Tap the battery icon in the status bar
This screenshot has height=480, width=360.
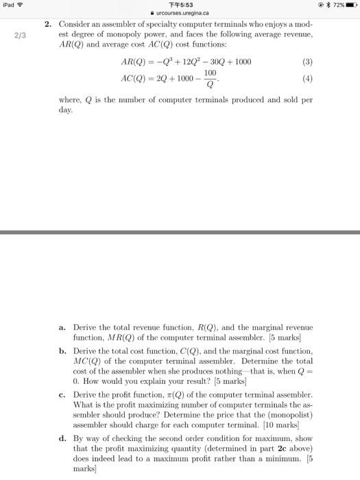pyautogui.click(x=350, y=5)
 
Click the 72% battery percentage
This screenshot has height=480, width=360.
pyautogui.click(x=335, y=5)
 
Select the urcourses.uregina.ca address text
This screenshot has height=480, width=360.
pyautogui.click(x=182, y=14)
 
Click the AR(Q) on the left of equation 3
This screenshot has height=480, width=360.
pyautogui.click(x=134, y=62)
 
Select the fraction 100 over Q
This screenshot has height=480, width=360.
pyautogui.click(x=210, y=77)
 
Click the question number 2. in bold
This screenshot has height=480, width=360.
pyautogui.click(x=47, y=25)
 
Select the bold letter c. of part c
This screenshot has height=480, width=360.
pyautogui.click(x=61, y=395)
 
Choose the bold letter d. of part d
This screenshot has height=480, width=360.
pyautogui.click(x=61, y=437)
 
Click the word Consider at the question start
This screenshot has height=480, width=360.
pyautogui.click(x=71, y=25)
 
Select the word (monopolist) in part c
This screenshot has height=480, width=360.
pyautogui.click(x=291, y=416)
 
